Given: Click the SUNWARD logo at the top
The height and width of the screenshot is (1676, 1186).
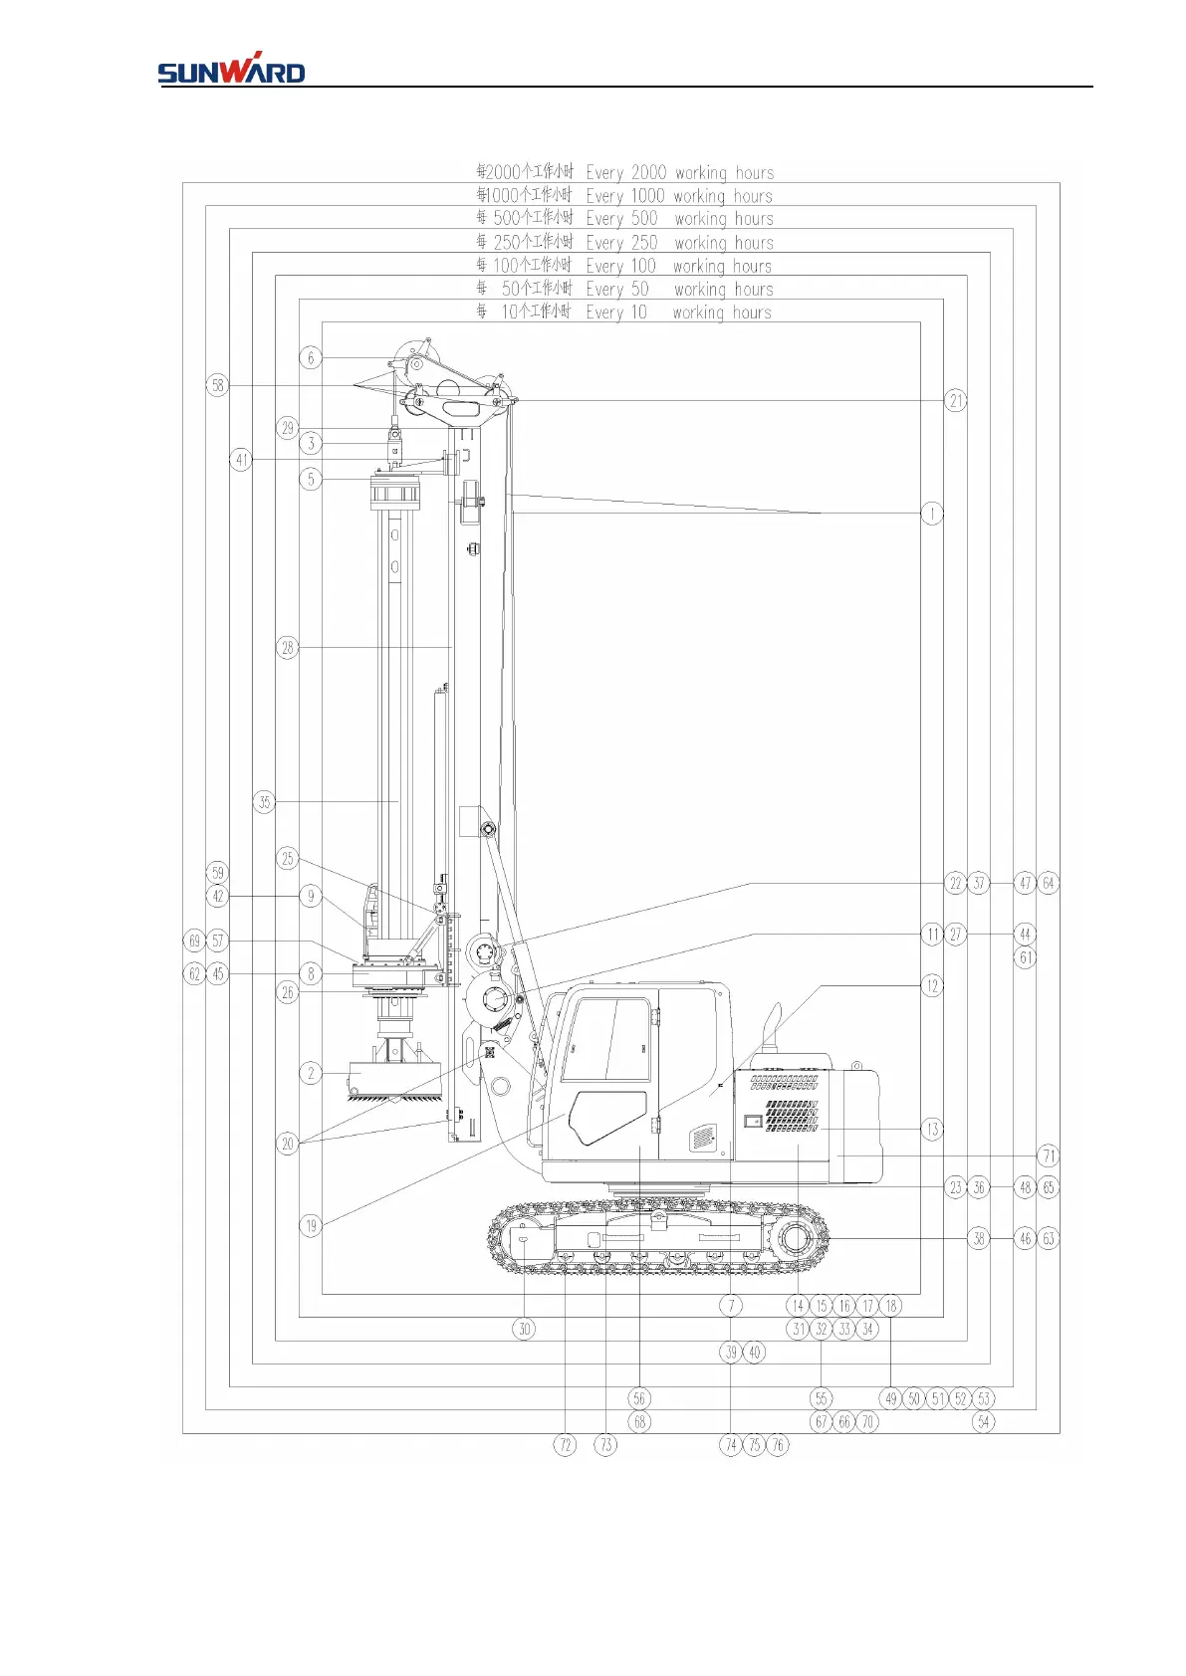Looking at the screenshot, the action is coord(231,69).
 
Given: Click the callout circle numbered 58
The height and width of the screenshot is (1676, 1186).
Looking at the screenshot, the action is coord(218,385).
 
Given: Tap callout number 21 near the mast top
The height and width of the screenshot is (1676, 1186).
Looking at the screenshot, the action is coord(956,400).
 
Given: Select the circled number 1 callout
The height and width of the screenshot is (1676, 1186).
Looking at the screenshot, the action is coord(932,514).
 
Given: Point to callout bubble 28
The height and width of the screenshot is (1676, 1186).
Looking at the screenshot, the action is coord(287,648).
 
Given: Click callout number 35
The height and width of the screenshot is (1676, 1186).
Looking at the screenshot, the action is coord(264,802).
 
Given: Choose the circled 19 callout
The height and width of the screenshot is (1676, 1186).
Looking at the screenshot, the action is coord(311,1226).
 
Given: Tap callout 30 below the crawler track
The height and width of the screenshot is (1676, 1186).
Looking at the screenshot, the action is coord(525,1329).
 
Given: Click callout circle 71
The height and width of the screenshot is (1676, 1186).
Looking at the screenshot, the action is coord(1048,1155).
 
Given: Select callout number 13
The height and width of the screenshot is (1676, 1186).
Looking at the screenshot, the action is coord(932,1129).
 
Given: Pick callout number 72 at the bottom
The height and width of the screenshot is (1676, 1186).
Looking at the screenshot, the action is coord(565,1445).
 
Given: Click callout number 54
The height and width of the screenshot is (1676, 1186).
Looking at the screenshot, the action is coord(984,1421).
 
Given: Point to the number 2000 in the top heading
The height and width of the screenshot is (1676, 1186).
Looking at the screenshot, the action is coord(648,172).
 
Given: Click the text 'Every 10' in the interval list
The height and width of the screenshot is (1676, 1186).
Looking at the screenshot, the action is coord(616,313).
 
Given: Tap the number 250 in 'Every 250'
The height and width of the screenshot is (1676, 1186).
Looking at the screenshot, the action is coord(644,243).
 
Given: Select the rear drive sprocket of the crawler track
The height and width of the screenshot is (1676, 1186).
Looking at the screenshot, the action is coord(799,1239).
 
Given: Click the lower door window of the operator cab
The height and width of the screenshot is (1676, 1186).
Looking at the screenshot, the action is coord(607,1117).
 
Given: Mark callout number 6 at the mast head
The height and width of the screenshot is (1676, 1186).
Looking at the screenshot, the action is coord(311,357).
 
